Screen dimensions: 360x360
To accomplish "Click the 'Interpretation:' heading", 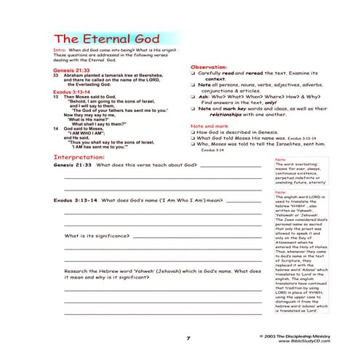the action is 84,156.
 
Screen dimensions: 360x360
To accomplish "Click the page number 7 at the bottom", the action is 187,338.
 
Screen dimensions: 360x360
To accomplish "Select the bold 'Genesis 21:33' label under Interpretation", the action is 73,166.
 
